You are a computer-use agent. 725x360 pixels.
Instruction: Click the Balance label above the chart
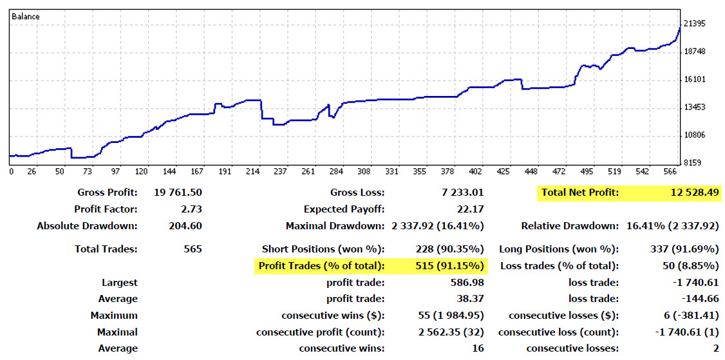26,16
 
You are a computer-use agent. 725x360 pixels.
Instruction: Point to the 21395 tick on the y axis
695,24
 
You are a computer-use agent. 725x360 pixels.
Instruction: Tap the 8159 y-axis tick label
693,163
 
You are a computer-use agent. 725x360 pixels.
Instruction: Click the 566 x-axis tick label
671,172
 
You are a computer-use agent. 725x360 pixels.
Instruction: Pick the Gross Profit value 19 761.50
178,192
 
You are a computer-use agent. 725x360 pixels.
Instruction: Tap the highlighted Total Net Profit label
579,192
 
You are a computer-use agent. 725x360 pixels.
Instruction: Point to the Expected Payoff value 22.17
471,209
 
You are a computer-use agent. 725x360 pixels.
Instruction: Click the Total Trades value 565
193,249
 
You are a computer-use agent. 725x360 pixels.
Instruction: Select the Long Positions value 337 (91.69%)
684,249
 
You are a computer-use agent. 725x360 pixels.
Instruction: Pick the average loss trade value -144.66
700,299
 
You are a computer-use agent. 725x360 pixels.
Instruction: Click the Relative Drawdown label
570,226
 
